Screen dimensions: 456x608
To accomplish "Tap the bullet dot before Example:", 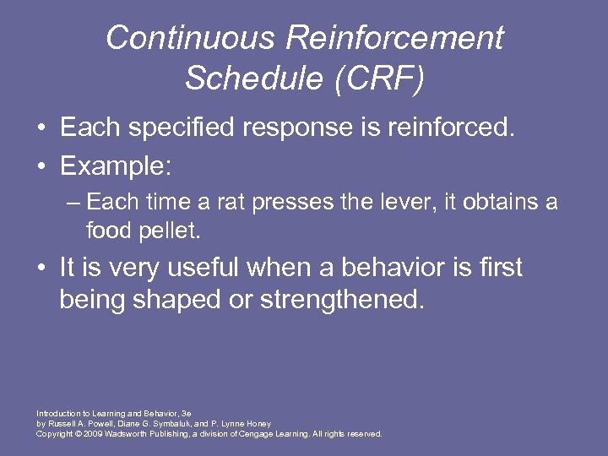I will point(41,166).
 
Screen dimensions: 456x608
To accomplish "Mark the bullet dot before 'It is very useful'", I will point(41,269).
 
